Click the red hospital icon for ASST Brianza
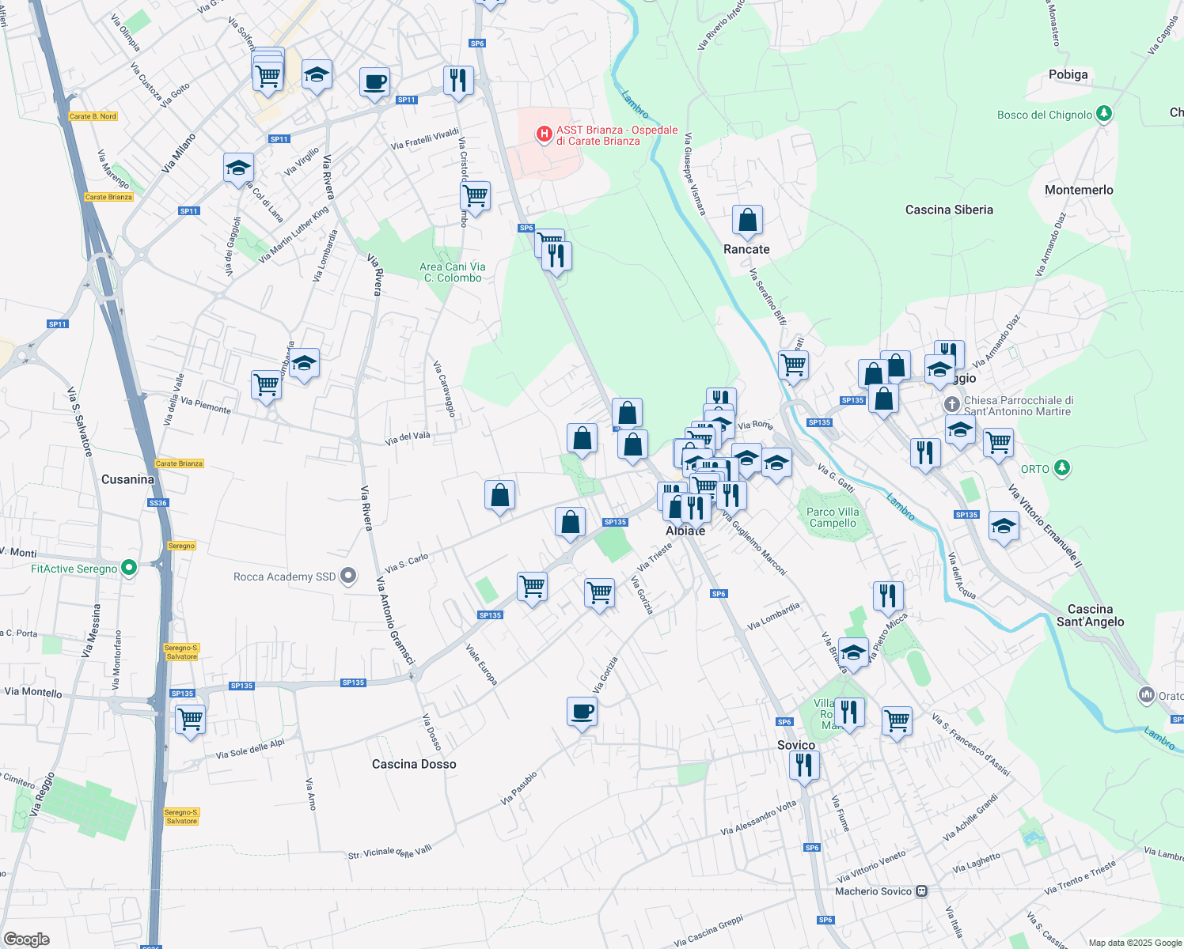[x=544, y=134]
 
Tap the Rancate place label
[x=746, y=249]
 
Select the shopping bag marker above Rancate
[x=747, y=222]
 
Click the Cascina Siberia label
[x=949, y=210]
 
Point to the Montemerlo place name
[x=1079, y=190]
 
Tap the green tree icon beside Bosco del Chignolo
[x=1104, y=114]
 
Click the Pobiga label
[x=1068, y=74]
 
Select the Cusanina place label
[x=127, y=479]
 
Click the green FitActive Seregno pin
[x=130, y=568]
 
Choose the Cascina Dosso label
[x=414, y=764]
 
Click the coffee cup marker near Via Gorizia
[x=583, y=712]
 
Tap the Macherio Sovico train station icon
[x=921, y=891]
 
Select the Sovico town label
[x=795, y=745]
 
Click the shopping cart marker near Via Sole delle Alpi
[x=191, y=720]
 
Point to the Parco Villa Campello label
[x=833, y=517]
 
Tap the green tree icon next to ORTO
[x=1062, y=468]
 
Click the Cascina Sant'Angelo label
[x=1090, y=615]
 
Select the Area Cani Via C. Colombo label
[x=452, y=272]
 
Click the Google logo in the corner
[x=27, y=939]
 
